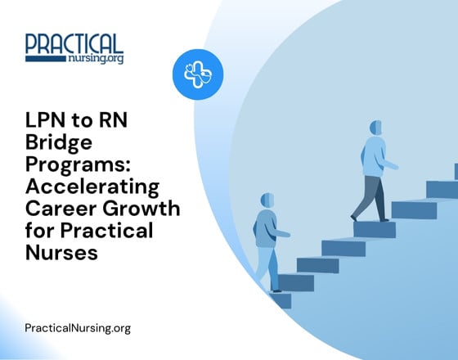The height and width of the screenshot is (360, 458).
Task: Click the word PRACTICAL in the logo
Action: coord(74,43)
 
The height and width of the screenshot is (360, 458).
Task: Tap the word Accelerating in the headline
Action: coord(91,187)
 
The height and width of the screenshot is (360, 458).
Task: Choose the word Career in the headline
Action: coord(56,208)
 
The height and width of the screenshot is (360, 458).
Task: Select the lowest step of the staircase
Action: coord(279,300)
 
